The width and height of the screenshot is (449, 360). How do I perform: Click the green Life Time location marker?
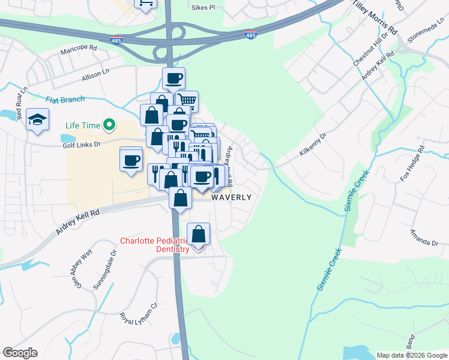109,125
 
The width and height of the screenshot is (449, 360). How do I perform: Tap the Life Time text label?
82,125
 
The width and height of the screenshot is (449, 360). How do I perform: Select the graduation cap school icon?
38,119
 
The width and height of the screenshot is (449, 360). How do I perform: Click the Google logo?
20,353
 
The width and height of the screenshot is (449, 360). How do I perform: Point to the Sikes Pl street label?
202,8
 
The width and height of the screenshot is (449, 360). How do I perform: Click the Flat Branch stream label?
65,99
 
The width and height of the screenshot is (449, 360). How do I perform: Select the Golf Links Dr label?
80,145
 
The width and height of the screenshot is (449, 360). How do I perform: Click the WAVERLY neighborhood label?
231,197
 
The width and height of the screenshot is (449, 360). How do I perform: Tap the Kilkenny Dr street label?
313,145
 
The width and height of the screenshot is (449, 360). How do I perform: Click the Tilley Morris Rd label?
375,16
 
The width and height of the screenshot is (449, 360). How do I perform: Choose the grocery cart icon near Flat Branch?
187,101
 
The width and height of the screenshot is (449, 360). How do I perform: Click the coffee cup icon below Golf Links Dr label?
131,160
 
